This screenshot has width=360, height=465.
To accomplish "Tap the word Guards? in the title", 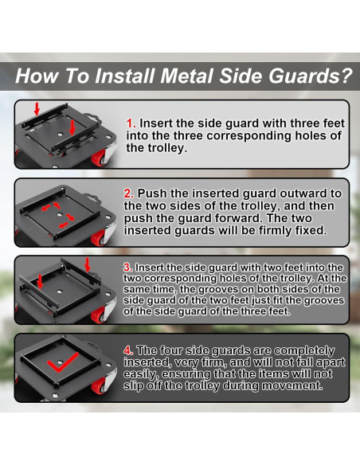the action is coord(311,76).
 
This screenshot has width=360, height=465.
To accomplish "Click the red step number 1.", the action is coord(131,123).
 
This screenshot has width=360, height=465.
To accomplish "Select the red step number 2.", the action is coord(128,193).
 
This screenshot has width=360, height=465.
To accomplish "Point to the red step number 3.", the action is coord(127,268).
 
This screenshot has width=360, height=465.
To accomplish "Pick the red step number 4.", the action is coord(128,350).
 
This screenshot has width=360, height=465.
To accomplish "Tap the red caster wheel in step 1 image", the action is coord(99,158).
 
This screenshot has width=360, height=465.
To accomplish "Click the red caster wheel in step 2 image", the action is coord(98,238).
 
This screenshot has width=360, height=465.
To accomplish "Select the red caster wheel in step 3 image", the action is coord(98,315).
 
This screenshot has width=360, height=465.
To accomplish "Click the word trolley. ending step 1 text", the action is coord(157,148).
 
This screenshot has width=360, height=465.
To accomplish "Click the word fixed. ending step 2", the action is coord(311,230).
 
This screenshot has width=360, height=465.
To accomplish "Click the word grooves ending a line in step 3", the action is coord(324,300).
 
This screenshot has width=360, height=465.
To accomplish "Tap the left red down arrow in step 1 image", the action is coord(37,108).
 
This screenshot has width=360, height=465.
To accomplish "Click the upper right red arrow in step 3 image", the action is coord(87,264).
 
